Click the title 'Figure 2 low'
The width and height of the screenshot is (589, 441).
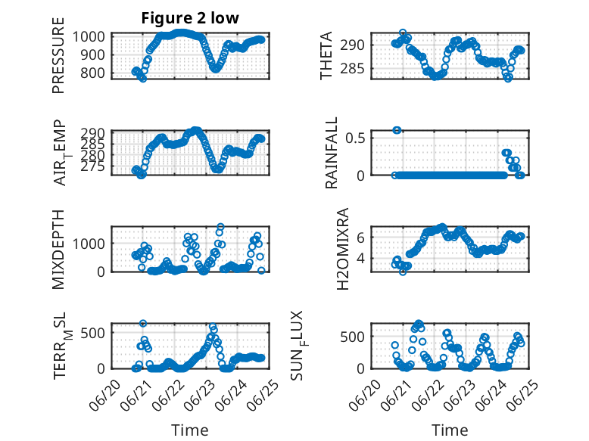pyautogui.click(x=190, y=18)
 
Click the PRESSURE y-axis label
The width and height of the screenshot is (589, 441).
pyautogui.click(x=58, y=55)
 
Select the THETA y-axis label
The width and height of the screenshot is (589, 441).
pyautogui.click(x=326, y=55)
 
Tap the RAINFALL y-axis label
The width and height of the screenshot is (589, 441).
pyautogui.click(x=332, y=153)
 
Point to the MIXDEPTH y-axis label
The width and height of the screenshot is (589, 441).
pyautogui.click(x=58, y=250)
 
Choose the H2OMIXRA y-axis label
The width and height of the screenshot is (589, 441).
pyautogui.click(x=343, y=249)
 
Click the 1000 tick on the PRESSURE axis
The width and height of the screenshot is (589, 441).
pyautogui.click(x=89, y=37)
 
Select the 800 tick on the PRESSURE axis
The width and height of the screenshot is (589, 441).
pyautogui.click(x=92, y=73)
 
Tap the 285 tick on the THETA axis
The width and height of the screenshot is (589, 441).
pyautogui.click(x=352, y=69)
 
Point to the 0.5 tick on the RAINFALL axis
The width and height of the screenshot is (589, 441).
pyautogui.click(x=355, y=138)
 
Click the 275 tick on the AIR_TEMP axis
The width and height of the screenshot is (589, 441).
pyautogui.click(x=92, y=166)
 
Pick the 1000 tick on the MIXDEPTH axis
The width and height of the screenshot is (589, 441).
pyautogui.click(x=89, y=244)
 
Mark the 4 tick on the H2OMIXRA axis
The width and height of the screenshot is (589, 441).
pyautogui.click(x=360, y=258)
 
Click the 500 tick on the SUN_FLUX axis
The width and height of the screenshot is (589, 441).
pyautogui.click(x=352, y=337)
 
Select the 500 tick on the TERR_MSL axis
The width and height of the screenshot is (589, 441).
pyautogui.click(x=92, y=333)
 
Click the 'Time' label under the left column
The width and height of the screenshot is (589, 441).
pyautogui.click(x=190, y=430)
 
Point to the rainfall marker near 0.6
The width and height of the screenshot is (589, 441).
pyautogui.click(x=397, y=130)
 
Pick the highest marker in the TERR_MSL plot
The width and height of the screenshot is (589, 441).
pyautogui.click(x=143, y=323)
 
